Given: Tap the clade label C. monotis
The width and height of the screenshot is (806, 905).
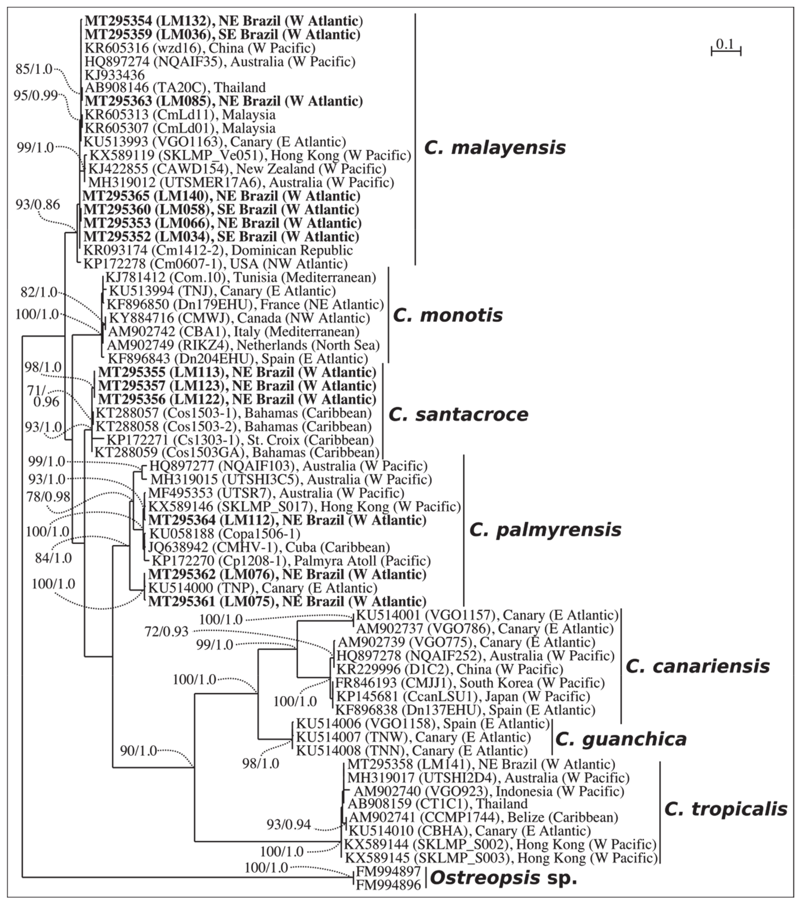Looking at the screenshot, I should coord(448,315).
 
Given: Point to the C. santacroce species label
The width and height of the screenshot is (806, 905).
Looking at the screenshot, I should coord(458,414).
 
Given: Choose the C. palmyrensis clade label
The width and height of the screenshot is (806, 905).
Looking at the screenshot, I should coord(545,530).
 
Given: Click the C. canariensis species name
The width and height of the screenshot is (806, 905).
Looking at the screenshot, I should coord(697,666).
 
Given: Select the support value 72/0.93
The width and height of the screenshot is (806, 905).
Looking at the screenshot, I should coord(166,631).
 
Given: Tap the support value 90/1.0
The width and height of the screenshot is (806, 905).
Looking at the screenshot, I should coord(138,751).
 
